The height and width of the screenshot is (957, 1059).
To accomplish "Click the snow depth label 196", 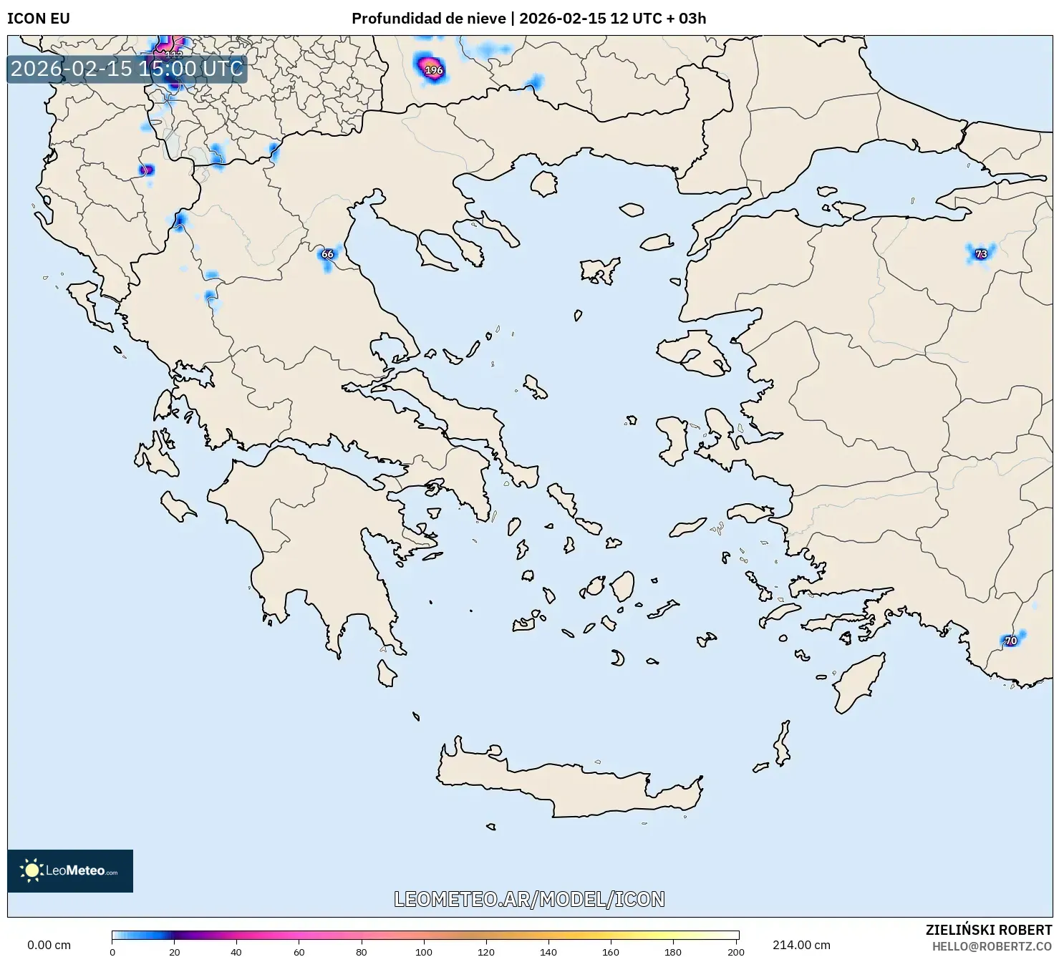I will pyautogui.click(x=434, y=70).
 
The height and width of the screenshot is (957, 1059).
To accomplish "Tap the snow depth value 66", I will pyautogui.click(x=327, y=254).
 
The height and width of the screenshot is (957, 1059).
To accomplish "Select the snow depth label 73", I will pyautogui.click(x=981, y=254).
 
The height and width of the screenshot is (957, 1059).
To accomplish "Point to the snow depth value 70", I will pyautogui.click(x=1010, y=641).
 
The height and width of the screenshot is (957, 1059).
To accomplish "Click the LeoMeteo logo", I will pyautogui.click(x=70, y=870).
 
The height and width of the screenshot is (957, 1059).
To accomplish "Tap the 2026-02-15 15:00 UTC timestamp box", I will pyautogui.click(x=127, y=69).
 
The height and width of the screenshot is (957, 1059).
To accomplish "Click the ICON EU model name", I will pyautogui.click(x=39, y=19).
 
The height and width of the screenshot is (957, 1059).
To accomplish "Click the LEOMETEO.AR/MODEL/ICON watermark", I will pyautogui.click(x=529, y=899).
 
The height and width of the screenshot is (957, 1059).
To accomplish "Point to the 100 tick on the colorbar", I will pyautogui.click(x=425, y=952).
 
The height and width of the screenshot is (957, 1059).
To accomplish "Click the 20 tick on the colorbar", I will pyautogui.click(x=175, y=952).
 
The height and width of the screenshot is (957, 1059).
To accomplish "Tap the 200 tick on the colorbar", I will pyautogui.click(x=736, y=952).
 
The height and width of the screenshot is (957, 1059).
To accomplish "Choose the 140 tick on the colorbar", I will pyautogui.click(x=548, y=952).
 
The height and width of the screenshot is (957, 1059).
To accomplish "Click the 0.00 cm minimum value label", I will pyautogui.click(x=49, y=945).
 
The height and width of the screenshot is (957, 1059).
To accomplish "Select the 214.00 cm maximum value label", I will pyautogui.click(x=801, y=945).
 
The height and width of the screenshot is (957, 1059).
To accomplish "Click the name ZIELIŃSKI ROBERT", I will pyautogui.click(x=989, y=931).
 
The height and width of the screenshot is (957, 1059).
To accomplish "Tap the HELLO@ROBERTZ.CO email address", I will pyautogui.click(x=992, y=946).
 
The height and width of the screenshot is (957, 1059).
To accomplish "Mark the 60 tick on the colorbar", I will pyautogui.click(x=299, y=952).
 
